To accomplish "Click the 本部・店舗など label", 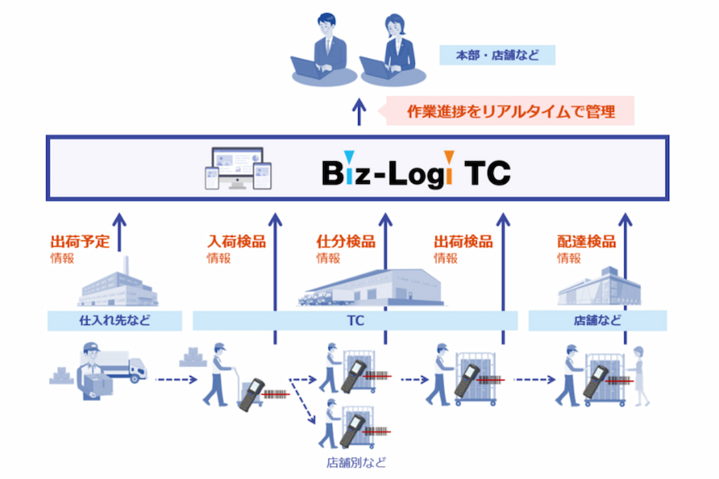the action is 497,55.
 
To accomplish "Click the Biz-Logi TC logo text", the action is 416,170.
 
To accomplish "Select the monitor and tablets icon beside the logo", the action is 238,168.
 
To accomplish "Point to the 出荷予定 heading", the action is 80,241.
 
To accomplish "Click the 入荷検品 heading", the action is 237,241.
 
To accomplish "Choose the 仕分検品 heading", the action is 346,241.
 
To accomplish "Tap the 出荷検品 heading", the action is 463,241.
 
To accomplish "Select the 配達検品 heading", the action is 586,241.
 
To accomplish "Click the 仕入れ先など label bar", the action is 115,321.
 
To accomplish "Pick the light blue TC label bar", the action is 355,321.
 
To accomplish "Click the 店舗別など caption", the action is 356,463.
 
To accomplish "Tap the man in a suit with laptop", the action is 324,50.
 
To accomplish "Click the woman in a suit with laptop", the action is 394,50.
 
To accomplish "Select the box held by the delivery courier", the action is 99,384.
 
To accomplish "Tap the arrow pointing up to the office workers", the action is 359,112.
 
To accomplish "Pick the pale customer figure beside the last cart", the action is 639,376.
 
